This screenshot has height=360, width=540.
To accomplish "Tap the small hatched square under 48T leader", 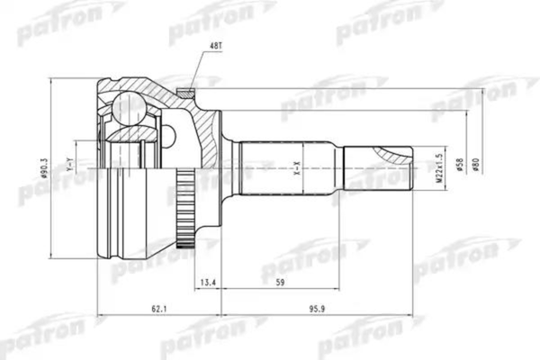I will click(185, 91).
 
